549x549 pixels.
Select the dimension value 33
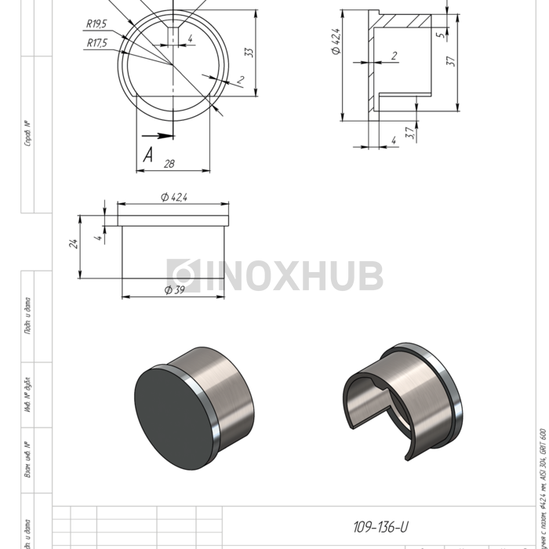tap(249, 52)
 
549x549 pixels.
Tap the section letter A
tap(147, 156)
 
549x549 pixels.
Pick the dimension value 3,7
tap(409, 133)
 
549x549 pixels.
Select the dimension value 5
tap(441, 35)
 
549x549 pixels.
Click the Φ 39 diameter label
tap(174, 291)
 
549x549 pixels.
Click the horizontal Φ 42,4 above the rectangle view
tap(174, 197)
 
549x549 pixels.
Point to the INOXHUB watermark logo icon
tap(180, 275)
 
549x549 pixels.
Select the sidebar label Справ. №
tap(28, 134)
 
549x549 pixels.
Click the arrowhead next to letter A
tap(165, 135)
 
